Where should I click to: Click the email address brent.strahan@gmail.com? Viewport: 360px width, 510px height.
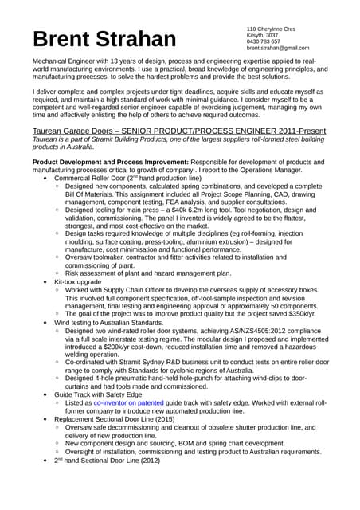278,48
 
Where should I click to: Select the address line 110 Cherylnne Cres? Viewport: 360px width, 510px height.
271,29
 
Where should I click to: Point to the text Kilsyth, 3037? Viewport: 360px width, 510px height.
263,35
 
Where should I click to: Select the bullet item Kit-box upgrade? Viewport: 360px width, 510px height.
77,282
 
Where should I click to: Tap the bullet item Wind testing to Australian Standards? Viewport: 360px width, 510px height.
108,323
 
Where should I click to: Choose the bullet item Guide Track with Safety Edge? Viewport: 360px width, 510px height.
98,394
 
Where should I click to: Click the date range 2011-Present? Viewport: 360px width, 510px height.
294,129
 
